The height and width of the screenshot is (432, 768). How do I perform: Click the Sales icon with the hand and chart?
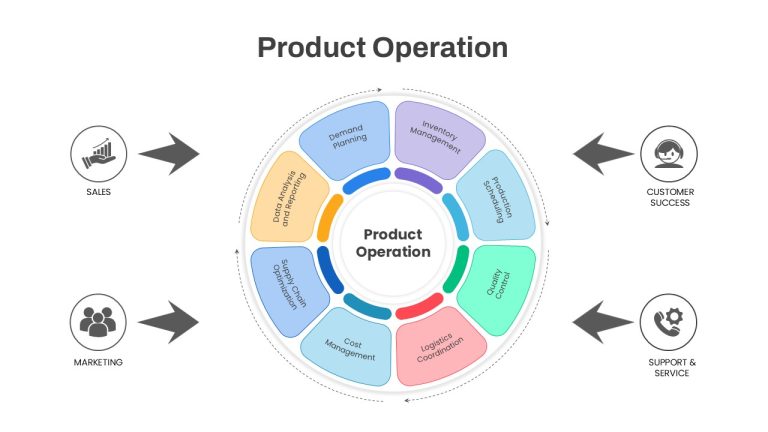point(98,154)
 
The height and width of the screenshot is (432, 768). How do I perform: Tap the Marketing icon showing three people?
point(98,322)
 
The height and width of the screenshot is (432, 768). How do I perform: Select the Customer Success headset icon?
point(669,154)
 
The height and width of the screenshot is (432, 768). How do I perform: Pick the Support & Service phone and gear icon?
point(668,322)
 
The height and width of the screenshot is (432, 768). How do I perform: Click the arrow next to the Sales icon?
point(169,154)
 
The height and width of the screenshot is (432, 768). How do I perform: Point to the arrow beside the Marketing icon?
point(169,322)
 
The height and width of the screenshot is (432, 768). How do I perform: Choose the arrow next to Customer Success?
point(603,154)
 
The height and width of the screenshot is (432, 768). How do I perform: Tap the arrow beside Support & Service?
point(603,322)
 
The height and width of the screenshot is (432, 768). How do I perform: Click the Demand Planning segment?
point(346,140)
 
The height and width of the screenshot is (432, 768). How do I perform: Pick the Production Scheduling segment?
point(497,196)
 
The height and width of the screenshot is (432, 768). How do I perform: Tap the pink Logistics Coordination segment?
point(439,348)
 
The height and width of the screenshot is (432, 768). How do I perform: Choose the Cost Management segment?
point(348,348)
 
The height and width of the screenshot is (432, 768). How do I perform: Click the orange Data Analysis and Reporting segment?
point(288,197)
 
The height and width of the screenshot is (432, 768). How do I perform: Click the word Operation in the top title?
point(440,48)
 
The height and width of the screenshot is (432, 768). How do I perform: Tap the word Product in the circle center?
point(393,234)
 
